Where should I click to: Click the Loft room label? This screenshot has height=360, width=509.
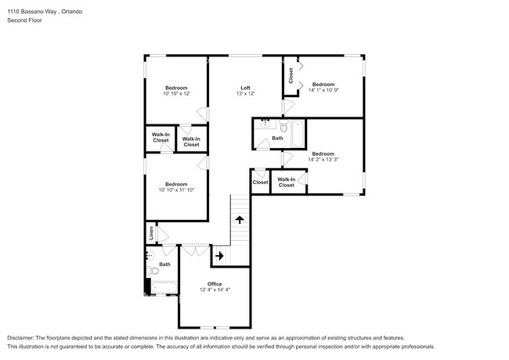point(245,87)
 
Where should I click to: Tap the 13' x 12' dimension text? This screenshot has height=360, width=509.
point(245,93)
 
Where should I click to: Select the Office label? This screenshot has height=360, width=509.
point(215,283)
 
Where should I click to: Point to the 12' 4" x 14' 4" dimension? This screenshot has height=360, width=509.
point(215,290)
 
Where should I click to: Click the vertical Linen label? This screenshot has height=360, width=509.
point(151,233)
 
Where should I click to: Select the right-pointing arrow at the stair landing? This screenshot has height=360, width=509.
point(218,255)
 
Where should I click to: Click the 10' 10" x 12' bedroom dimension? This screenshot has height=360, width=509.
point(176,93)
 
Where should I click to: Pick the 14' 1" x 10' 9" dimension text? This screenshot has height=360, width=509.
point(323,90)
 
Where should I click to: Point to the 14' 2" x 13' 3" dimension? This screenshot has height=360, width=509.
point(323,159)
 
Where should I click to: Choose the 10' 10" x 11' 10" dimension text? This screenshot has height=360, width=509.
point(176,189)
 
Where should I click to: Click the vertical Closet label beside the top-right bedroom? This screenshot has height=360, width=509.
point(291,76)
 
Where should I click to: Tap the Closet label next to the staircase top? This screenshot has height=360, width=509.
point(260,182)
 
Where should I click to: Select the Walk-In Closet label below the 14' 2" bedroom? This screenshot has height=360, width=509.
point(287,182)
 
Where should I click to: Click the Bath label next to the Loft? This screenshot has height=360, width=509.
point(277,139)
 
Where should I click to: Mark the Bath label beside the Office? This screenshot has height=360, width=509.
point(164,265)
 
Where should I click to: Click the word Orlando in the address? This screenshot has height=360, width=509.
point(73,12)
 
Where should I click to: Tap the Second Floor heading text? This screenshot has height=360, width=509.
point(23,20)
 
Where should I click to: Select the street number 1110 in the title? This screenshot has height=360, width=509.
point(13,12)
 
